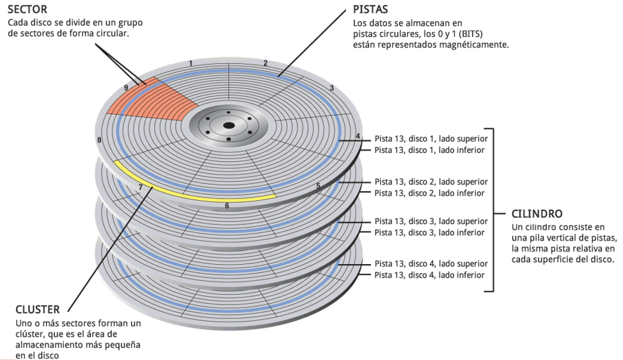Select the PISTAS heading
[371, 10]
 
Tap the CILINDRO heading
[537, 214]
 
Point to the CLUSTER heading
[38, 309]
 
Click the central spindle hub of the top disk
[227, 125]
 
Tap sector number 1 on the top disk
[191, 63]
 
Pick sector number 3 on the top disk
[331, 88]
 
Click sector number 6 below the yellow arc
[226, 206]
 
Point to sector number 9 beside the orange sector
[126, 88]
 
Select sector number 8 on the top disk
[99, 139]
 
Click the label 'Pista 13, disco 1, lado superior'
[431, 138]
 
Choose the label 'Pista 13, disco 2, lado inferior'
[429, 192]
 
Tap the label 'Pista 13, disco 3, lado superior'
[431, 221]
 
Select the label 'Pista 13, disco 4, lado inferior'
[429, 275]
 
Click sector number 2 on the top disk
[265, 63]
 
